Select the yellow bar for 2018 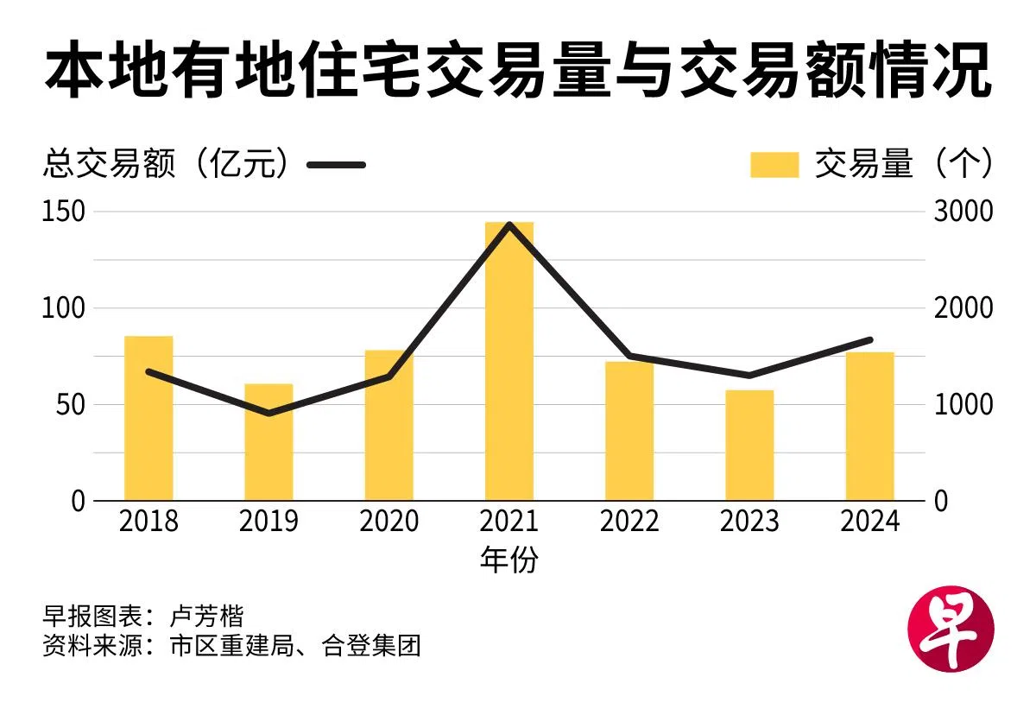tap(148, 418)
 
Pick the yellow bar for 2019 tap(268, 442)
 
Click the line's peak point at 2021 tap(509, 225)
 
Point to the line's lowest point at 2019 tap(268, 414)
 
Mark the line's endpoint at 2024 tap(869, 339)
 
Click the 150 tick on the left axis tap(63, 212)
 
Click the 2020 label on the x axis tap(388, 522)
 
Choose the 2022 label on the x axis tap(629, 522)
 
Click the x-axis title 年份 tap(509, 560)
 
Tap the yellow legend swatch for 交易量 tap(774, 164)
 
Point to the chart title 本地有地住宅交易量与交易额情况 tap(517, 75)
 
